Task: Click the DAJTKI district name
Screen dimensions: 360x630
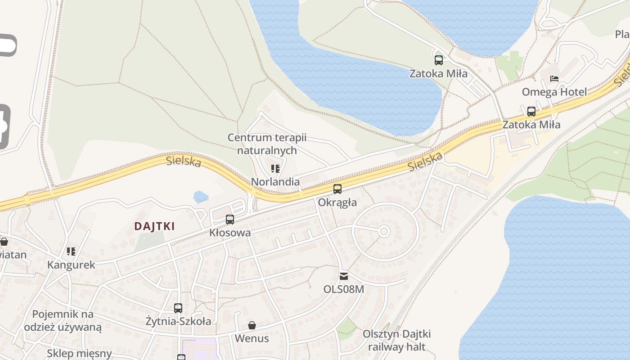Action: tap(154, 226)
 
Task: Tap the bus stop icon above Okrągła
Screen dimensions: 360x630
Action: tap(337, 189)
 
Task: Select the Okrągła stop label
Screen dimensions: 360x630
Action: tap(337, 202)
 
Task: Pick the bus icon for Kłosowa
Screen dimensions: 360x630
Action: tap(230, 220)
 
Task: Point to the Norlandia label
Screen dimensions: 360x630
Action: tap(275, 182)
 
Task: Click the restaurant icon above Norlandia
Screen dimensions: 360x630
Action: tap(275, 169)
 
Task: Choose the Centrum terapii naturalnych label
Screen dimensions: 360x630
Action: tap(267, 144)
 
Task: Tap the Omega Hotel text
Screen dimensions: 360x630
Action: tap(554, 92)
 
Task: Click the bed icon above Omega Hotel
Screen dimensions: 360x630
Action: tap(554, 79)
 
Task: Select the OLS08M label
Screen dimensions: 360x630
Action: tap(344, 289)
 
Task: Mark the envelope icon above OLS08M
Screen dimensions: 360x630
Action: tap(344, 276)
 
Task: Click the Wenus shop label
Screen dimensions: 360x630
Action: tap(252, 338)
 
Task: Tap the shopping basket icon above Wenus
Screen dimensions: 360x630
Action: tap(252, 325)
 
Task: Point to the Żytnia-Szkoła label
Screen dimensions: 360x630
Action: tap(178, 321)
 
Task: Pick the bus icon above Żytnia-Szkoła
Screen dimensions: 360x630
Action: tap(178, 308)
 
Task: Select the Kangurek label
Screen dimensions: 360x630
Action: tap(71, 265)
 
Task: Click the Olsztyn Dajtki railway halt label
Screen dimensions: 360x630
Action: tap(397, 340)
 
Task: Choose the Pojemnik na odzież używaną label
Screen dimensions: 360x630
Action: tap(63, 320)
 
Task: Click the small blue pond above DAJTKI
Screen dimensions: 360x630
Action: tap(201, 197)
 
